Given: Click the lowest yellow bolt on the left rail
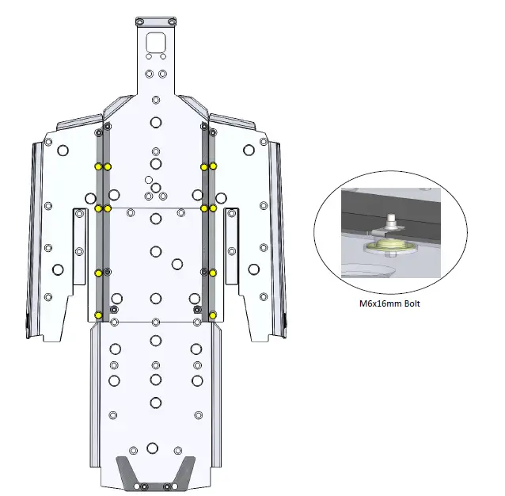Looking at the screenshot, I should click(98, 315).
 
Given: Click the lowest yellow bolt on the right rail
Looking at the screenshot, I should click(214, 315).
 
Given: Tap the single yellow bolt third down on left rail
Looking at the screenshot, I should click(98, 273).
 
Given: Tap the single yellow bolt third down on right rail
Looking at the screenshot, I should click(214, 273).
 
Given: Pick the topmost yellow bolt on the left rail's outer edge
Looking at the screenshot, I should click(98, 166).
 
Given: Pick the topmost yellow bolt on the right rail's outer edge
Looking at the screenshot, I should click(214, 166).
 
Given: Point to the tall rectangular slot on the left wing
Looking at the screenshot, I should click(79, 247).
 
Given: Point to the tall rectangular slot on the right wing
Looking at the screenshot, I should click(232, 247).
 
